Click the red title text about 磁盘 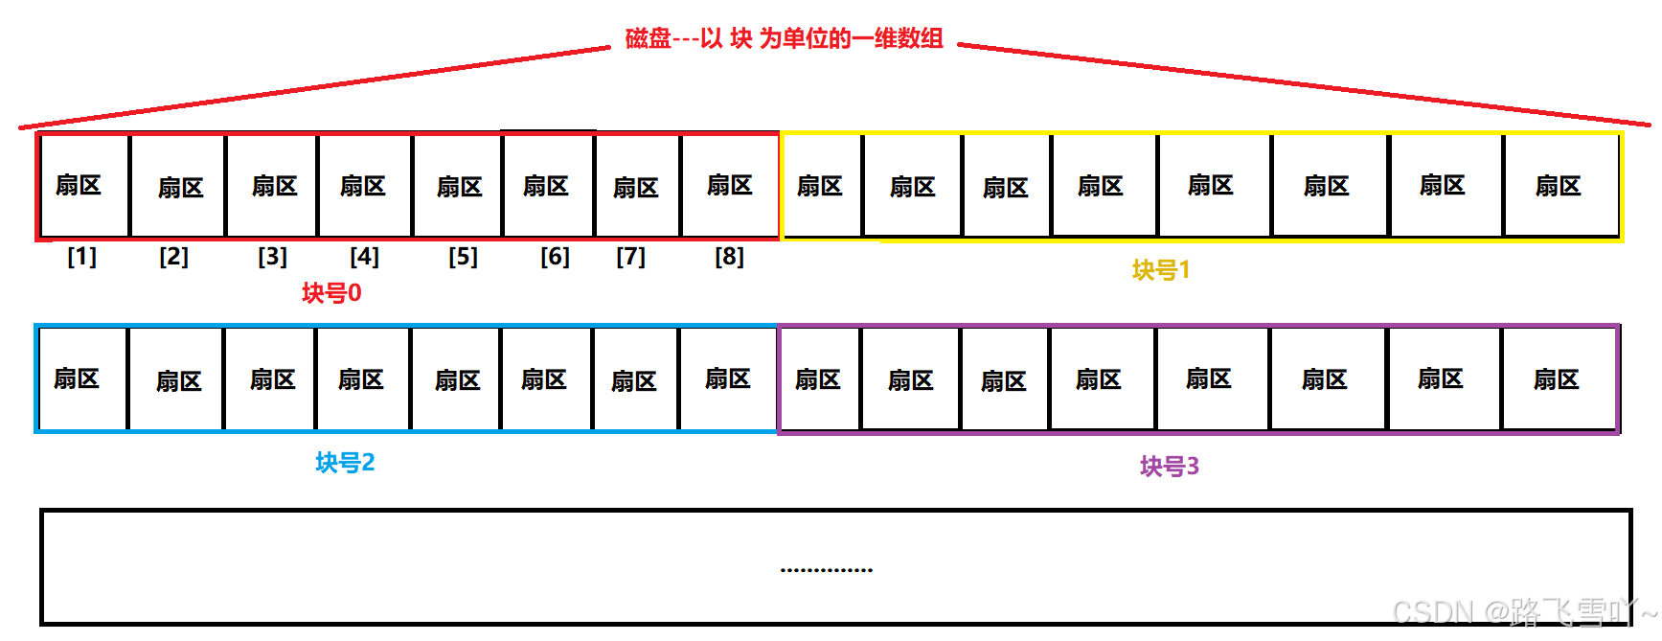(x=784, y=38)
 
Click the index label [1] (x=82, y=257)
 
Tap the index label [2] (x=174, y=257)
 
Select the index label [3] (x=273, y=257)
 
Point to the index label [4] (x=365, y=257)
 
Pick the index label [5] (x=464, y=257)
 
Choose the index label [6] (x=556, y=257)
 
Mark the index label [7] (x=631, y=257)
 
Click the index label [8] (x=730, y=257)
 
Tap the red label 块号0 (x=331, y=293)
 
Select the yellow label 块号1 (x=1161, y=270)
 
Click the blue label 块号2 (x=345, y=463)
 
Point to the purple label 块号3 (x=1170, y=467)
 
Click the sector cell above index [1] (x=82, y=186)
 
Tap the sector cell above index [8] (x=730, y=186)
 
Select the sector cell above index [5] (x=459, y=187)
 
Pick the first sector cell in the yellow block (x=821, y=186)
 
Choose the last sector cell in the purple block (x=1558, y=380)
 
